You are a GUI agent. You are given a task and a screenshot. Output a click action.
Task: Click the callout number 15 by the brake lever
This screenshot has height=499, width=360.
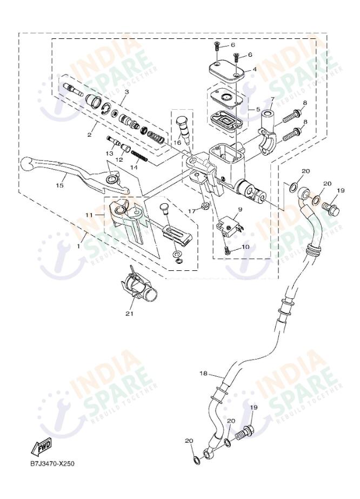point(59,185)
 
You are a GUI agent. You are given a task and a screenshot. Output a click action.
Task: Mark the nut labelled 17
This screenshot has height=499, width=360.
point(205,205)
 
